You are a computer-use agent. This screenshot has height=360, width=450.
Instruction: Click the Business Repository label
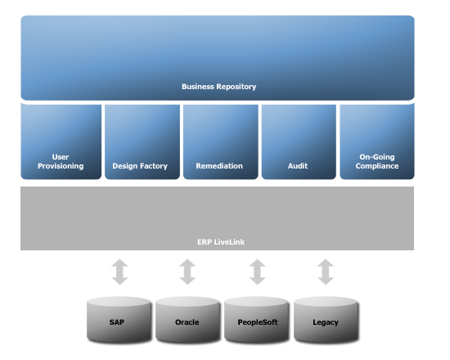(219, 87)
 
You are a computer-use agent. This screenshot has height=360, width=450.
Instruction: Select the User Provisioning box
(61, 142)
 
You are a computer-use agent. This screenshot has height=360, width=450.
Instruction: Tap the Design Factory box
(142, 142)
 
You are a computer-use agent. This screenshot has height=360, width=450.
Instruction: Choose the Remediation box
(221, 142)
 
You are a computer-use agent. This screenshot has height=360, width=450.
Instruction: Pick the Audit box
(299, 142)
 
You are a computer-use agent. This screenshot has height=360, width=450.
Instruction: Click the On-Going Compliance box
(377, 142)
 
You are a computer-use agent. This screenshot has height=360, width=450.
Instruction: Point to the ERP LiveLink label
(221, 242)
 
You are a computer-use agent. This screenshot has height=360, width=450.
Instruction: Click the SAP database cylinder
(119, 320)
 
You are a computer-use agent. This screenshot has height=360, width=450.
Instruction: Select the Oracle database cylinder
(187, 320)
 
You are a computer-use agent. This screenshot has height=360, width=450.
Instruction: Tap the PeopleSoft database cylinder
(257, 320)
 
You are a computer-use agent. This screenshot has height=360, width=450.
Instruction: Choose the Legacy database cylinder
(326, 320)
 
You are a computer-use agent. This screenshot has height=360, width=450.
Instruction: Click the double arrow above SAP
(119, 272)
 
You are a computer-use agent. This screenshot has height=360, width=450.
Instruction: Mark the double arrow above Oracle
(187, 272)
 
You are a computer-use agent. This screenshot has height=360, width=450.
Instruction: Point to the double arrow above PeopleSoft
(258, 272)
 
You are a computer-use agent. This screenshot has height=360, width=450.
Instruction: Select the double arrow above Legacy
(326, 272)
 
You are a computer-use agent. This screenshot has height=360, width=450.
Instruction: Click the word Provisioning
(61, 166)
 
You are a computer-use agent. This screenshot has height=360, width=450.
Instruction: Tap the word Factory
(153, 166)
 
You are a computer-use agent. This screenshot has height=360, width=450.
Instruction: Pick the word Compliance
(377, 166)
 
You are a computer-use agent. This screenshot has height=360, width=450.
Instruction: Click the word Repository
(236, 87)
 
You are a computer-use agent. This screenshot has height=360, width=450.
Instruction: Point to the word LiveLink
(229, 242)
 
